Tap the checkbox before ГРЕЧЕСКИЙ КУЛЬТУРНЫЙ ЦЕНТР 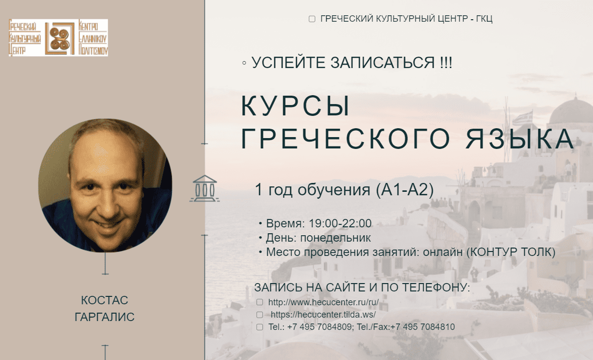pyautogui.click(x=312, y=19)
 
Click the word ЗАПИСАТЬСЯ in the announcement pyautogui.click(x=382, y=63)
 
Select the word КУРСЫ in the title pyautogui.click(x=295, y=106)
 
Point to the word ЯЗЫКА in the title pyautogui.click(x=519, y=139)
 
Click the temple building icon pyautogui.click(x=205, y=188)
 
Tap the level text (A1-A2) pyautogui.click(x=405, y=190)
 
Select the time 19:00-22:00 pyautogui.click(x=340, y=223)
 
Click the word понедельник pyautogui.click(x=335, y=238)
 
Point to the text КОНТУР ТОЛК pyautogui.click(x=511, y=252)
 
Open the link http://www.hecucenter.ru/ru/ pyautogui.click(x=324, y=302)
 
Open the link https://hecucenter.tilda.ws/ pyautogui.click(x=323, y=315)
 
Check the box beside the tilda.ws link pyautogui.click(x=259, y=315)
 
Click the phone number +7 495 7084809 pyautogui.click(x=319, y=327)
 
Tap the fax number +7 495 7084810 pyautogui.click(x=422, y=327)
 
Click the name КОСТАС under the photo pyautogui.click(x=105, y=300)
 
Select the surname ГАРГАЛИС pyautogui.click(x=105, y=317)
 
